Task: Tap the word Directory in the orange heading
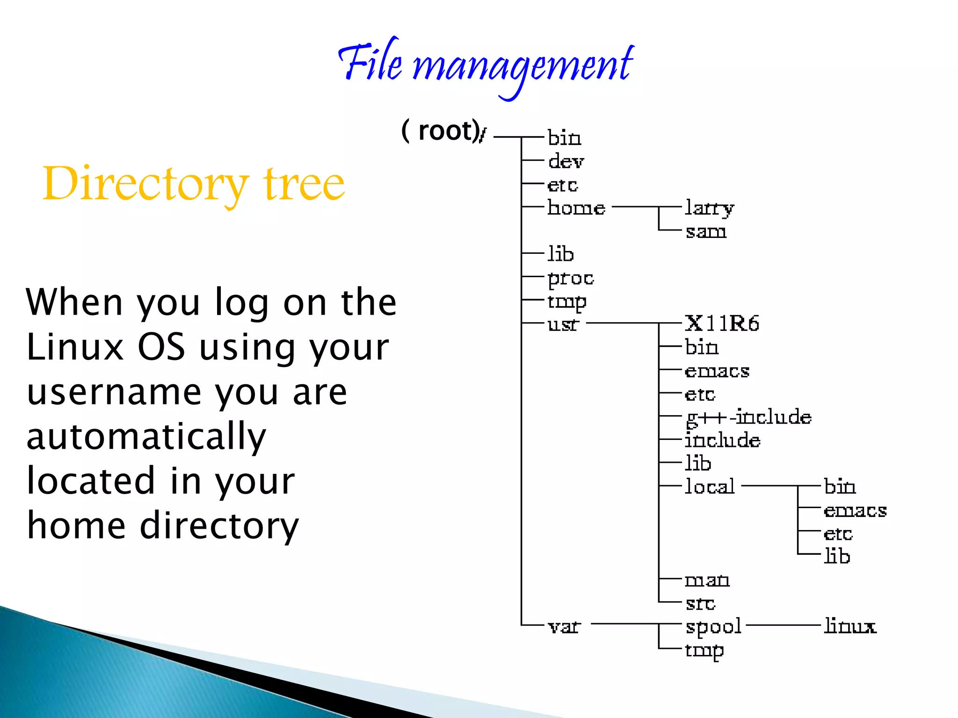pyautogui.click(x=145, y=185)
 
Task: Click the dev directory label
pyautogui.click(x=566, y=161)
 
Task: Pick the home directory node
pyautogui.click(x=576, y=208)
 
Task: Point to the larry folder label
pyautogui.click(x=710, y=208)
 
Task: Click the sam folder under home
pyautogui.click(x=706, y=231)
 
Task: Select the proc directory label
pyautogui.click(x=571, y=279)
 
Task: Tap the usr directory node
pyautogui.click(x=563, y=324)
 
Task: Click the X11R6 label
pyautogui.click(x=722, y=323)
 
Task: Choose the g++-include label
pyautogui.click(x=748, y=417)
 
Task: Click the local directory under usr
pyautogui.click(x=710, y=487)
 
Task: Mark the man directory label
pyautogui.click(x=707, y=580)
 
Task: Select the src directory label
pyautogui.click(x=700, y=603)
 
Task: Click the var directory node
pyautogui.click(x=564, y=626)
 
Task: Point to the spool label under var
pyautogui.click(x=713, y=627)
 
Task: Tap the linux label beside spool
pyautogui.click(x=850, y=626)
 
